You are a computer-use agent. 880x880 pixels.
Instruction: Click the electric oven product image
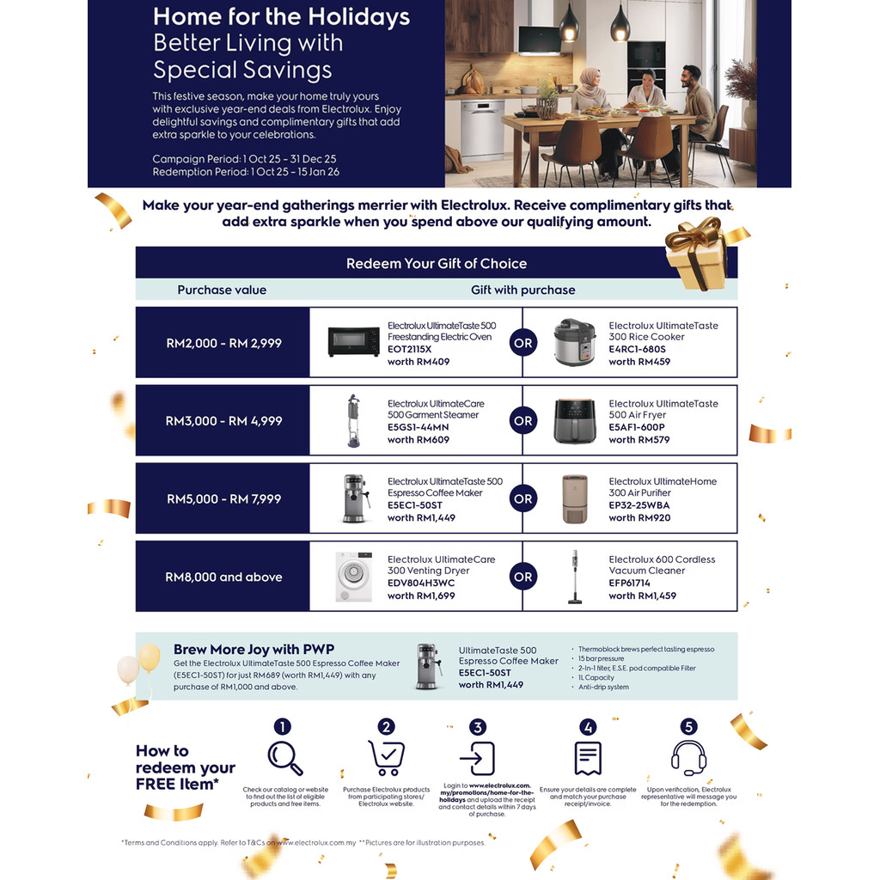353,341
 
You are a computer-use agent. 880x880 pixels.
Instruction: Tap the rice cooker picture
574,342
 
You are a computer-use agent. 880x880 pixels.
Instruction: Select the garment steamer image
353,420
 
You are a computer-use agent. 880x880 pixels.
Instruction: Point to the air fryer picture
574,421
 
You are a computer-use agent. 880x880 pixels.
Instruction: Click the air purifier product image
574,498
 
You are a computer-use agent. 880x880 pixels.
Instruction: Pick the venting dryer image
353,577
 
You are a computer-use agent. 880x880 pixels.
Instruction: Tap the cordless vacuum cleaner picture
574,577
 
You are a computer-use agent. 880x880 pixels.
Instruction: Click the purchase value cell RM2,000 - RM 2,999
223,343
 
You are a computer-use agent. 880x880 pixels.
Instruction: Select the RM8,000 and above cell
223,577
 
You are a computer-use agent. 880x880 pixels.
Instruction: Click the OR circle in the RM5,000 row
522,498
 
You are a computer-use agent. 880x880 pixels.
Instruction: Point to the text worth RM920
639,517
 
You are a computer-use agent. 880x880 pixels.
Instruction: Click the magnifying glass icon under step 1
284,757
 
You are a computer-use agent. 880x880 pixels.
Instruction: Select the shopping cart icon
386,758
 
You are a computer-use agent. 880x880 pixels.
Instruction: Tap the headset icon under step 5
687,758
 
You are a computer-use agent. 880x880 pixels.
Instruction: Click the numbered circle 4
588,727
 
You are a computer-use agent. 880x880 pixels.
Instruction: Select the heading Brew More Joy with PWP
254,650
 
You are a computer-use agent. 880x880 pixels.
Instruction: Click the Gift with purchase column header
522,290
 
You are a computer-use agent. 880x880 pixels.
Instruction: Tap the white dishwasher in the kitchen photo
482,129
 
